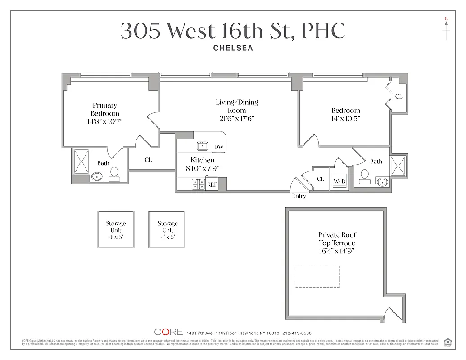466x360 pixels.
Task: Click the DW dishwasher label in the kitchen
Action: [219, 147]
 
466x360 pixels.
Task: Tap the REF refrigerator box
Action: [212, 184]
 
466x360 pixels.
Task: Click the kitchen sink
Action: [202, 146]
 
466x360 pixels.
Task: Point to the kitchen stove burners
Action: [199, 184]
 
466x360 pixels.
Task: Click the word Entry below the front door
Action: [299, 196]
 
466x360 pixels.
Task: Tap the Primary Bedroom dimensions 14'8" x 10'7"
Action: [105, 121]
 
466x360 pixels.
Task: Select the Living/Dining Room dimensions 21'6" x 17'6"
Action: [237, 118]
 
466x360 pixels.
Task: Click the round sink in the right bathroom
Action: [382, 182]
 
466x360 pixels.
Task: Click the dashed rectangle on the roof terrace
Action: [317, 276]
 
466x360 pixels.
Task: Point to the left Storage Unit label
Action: [116, 230]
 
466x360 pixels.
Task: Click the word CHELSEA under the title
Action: [233, 48]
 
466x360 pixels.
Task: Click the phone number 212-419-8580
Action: [296, 333]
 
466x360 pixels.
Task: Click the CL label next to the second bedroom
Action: [398, 96]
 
